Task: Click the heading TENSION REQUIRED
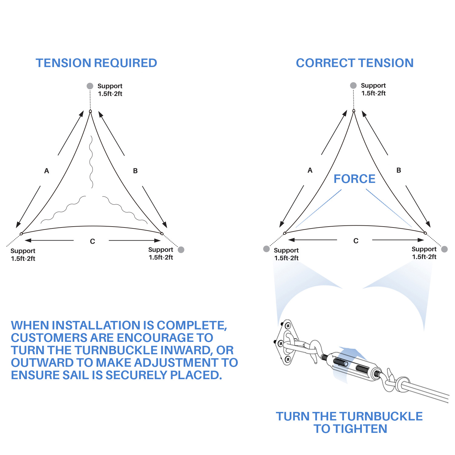point(96,63)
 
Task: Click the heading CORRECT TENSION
point(355,63)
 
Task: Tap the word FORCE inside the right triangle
point(354,179)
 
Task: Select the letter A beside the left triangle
point(46,171)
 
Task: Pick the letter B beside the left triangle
point(135,171)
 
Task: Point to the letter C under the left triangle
point(93,241)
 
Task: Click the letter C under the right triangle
point(356,241)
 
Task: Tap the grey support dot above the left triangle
point(90,86)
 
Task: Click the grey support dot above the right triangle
point(353,85)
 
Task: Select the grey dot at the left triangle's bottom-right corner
point(181,250)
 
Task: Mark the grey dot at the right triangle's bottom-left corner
point(266,249)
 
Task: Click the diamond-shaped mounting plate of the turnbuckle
point(286,342)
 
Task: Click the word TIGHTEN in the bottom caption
point(360,429)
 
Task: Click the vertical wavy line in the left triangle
point(91,162)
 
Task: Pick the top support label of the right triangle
point(373,89)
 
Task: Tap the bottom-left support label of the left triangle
point(23,255)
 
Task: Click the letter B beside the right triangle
point(399,170)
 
